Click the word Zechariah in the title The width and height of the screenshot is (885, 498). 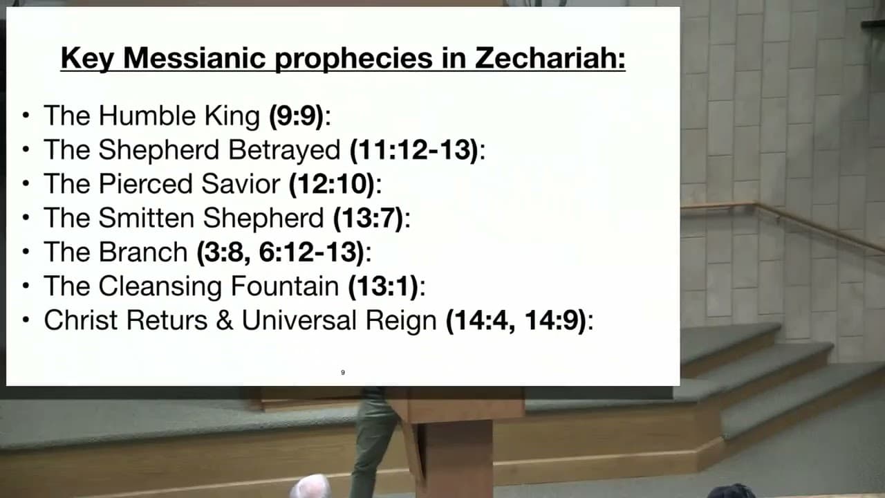pyautogui.click(x=550, y=58)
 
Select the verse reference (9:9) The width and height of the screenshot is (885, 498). pyautogui.click(x=297, y=116)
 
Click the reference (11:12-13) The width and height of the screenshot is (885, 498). pyautogui.click(x=414, y=150)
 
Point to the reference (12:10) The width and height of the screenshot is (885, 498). pyautogui.click(x=332, y=184)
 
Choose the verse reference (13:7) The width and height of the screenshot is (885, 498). pyautogui.click(x=369, y=218)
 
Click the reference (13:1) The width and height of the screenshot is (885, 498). pyautogui.click(x=383, y=286)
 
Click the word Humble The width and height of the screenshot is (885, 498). pyautogui.click(x=147, y=116)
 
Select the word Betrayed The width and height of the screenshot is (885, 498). pyautogui.click(x=284, y=151)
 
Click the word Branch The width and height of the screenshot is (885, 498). pyautogui.click(x=143, y=252)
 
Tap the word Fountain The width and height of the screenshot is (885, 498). pyautogui.click(x=284, y=286)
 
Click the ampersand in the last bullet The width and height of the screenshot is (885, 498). pyautogui.click(x=225, y=320)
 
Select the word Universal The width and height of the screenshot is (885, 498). pyautogui.click(x=299, y=320)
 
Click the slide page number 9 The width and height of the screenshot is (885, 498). pyautogui.click(x=342, y=372)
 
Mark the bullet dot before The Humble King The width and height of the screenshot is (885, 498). pyautogui.click(x=26, y=116)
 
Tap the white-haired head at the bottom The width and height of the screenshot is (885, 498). pyautogui.click(x=311, y=486)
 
